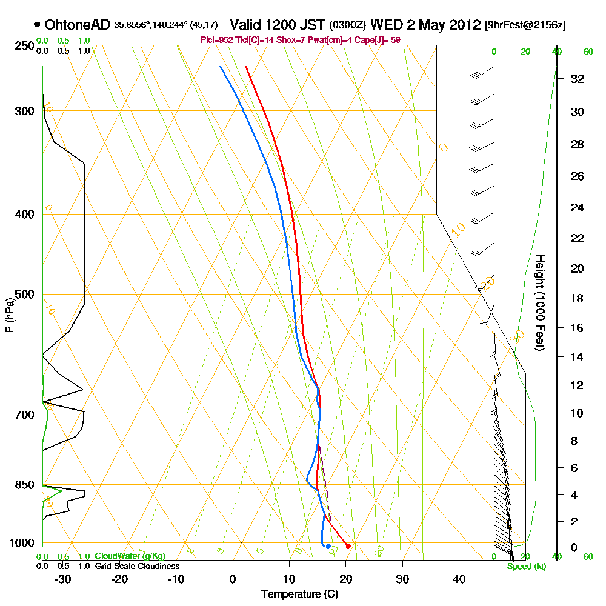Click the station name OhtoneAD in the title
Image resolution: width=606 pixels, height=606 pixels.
point(77,25)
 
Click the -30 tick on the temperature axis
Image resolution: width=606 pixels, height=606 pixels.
point(63,578)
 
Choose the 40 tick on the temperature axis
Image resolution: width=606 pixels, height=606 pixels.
point(459,578)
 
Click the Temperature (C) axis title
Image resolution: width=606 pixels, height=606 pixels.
point(299,594)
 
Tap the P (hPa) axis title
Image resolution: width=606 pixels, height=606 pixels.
point(9,315)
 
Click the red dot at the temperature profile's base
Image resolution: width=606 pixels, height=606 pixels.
point(348,547)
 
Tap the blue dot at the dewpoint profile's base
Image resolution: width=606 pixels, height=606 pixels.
point(328,547)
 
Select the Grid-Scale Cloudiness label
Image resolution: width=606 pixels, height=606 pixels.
point(136,566)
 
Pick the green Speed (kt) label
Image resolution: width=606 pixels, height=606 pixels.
point(526,567)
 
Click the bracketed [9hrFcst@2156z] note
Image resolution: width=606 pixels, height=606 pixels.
point(525,25)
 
